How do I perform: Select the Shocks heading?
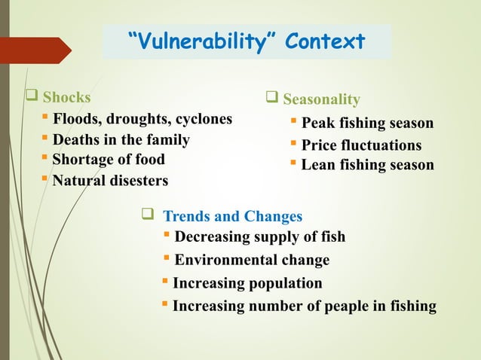pos(66,97)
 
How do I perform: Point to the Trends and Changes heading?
pos(233,217)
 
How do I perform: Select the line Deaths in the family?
pos(121,140)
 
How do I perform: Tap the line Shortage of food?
pos(109,160)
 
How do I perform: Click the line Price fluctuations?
pos(361,145)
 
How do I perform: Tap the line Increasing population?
pos(247,283)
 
